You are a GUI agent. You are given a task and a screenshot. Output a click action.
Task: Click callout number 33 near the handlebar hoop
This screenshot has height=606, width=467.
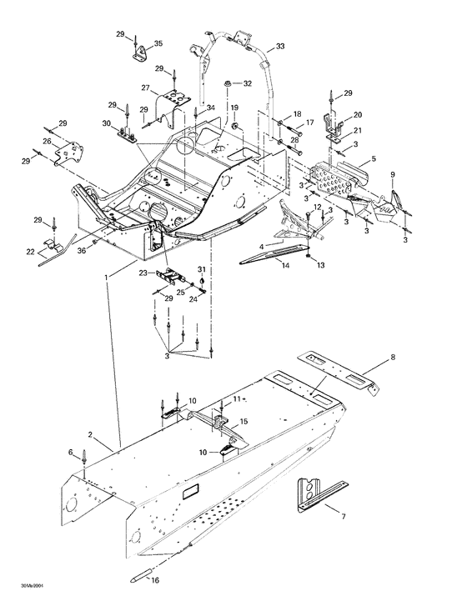[279, 46]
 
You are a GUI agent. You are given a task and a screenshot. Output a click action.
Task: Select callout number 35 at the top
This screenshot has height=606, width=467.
[158, 43]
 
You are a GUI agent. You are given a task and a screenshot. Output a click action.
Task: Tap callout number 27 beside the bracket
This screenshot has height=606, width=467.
[144, 88]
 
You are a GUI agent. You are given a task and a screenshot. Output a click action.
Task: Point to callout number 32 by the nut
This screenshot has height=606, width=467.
[247, 83]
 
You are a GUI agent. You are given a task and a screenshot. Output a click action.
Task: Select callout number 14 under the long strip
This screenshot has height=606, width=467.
[285, 265]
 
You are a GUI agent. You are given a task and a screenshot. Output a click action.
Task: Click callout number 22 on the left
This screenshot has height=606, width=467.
[31, 252]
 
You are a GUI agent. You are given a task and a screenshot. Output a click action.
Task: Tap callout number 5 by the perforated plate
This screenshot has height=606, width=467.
[374, 158]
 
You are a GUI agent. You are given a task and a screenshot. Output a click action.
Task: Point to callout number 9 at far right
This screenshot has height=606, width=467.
[394, 173]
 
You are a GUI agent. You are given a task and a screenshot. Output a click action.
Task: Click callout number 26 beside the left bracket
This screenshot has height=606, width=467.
[47, 143]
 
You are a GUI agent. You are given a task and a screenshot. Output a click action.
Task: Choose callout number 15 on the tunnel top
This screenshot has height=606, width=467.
[244, 423]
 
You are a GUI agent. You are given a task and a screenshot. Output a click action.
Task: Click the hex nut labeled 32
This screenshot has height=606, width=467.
[227, 84]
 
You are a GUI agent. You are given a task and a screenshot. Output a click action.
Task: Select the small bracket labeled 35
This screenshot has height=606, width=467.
[139, 53]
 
